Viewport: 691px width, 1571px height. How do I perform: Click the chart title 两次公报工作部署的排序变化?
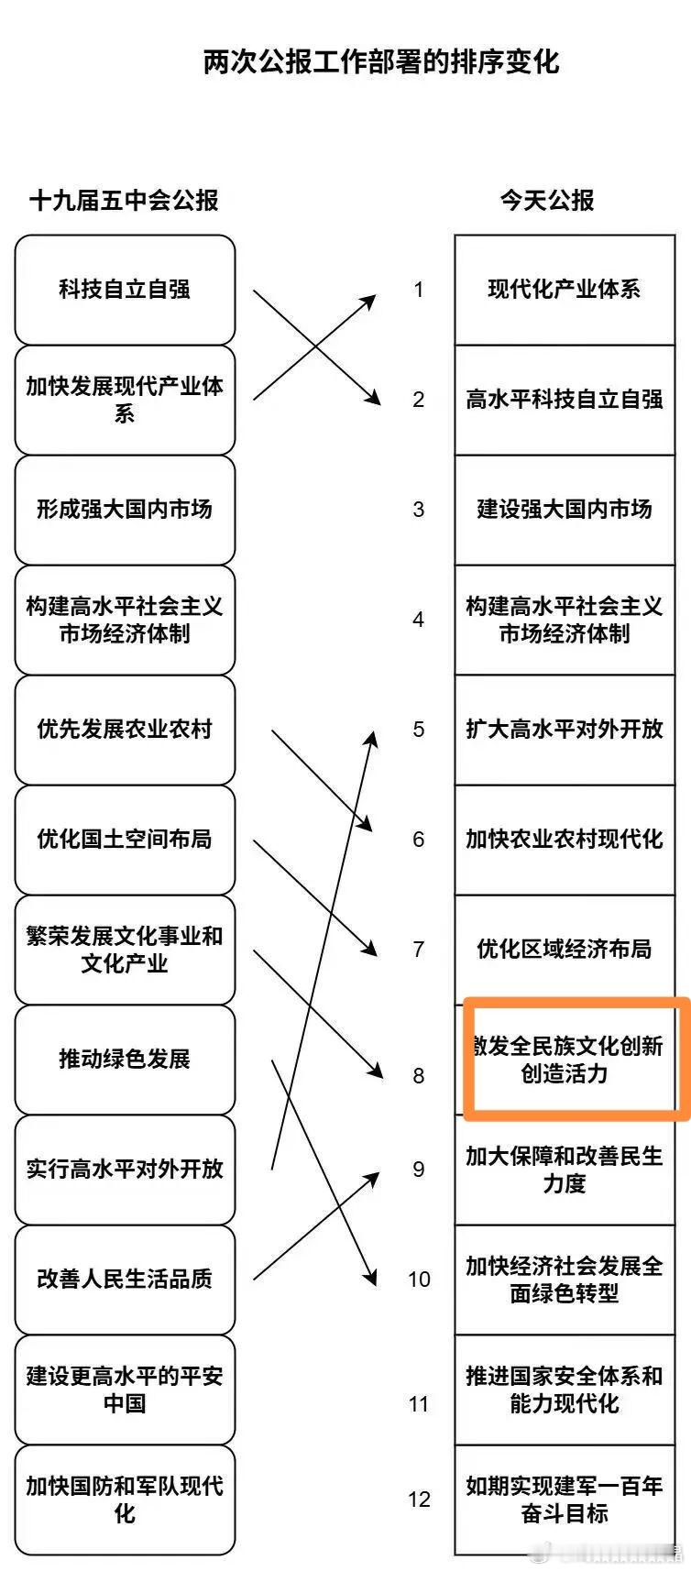(380, 61)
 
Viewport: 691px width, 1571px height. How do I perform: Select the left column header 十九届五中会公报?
(124, 200)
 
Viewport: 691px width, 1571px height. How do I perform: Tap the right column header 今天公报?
(547, 200)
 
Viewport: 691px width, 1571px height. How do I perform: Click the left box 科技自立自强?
(125, 290)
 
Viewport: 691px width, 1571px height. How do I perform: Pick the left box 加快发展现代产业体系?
(125, 400)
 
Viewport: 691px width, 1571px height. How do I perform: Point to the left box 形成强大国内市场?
(125, 510)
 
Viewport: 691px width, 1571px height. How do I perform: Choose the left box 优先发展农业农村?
(125, 730)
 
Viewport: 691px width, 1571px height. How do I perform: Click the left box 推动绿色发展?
(125, 1060)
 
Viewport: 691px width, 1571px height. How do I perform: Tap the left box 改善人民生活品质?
(125, 1280)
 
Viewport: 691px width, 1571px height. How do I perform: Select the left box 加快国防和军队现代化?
(125, 1500)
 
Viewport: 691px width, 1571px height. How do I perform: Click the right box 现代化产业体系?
(565, 290)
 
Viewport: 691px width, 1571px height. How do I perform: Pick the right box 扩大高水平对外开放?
(565, 730)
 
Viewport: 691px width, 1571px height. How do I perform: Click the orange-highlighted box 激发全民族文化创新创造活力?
(576, 1060)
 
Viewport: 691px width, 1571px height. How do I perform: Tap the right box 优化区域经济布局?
(565, 950)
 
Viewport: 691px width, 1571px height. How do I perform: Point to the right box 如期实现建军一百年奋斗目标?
(565, 1500)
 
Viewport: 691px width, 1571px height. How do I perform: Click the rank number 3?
(419, 510)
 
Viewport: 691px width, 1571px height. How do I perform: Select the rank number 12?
(419, 1500)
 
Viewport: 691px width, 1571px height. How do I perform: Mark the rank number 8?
(419, 1076)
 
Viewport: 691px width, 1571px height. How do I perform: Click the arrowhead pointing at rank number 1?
(370, 299)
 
